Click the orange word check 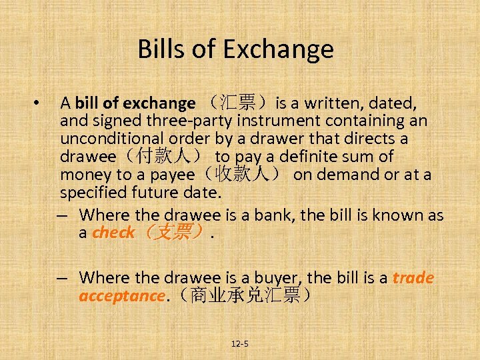[113, 233]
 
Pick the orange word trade [413, 277]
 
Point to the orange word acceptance [121, 295]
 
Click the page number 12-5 [240, 344]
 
